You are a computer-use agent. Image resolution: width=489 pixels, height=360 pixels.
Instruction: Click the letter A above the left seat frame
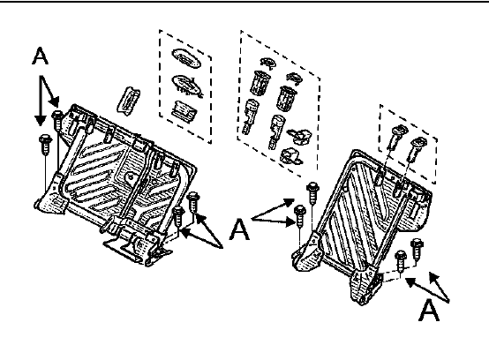click(x=41, y=56)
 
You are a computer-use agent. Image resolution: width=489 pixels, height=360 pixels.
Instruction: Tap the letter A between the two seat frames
click(x=239, y=229)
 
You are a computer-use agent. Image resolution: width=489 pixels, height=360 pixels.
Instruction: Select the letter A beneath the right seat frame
click(x=429, y=310)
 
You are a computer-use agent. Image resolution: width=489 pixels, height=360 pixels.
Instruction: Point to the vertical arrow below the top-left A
click(x=41, y=101)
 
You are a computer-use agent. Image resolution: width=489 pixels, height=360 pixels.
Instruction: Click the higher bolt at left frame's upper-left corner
click(x=57, y=119)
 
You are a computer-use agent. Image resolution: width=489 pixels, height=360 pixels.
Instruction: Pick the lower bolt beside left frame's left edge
click(x=46, y=145)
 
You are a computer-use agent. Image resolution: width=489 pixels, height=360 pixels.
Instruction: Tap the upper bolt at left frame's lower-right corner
click(x=193, y=202)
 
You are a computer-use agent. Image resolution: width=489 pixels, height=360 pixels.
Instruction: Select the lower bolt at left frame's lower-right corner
click(x=178, y=216)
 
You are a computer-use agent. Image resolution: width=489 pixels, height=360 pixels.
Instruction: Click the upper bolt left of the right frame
click(x=312, y=193)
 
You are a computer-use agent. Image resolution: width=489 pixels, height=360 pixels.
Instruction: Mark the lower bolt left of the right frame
click(x=300, y=216)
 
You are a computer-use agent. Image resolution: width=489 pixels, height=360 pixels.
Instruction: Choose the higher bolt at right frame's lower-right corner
click(x=417, y=248)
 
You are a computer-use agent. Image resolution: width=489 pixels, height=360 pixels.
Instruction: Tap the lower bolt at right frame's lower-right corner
click(x=401, y=260)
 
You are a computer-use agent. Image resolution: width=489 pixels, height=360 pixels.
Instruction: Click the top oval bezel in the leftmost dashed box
click(x=186, y=58)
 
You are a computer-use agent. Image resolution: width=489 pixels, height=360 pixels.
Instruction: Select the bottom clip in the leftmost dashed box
click(x=184, y=111)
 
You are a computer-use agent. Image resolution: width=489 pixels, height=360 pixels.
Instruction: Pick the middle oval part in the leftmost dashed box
click(x=187, y=85)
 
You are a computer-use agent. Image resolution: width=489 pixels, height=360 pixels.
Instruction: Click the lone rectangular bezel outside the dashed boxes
click(x=129, y=101)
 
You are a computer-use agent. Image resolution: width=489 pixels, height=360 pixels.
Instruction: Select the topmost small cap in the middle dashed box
click(x=268, y=63)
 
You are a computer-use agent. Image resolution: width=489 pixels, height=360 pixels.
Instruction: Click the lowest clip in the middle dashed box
click(x=291, y=156)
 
